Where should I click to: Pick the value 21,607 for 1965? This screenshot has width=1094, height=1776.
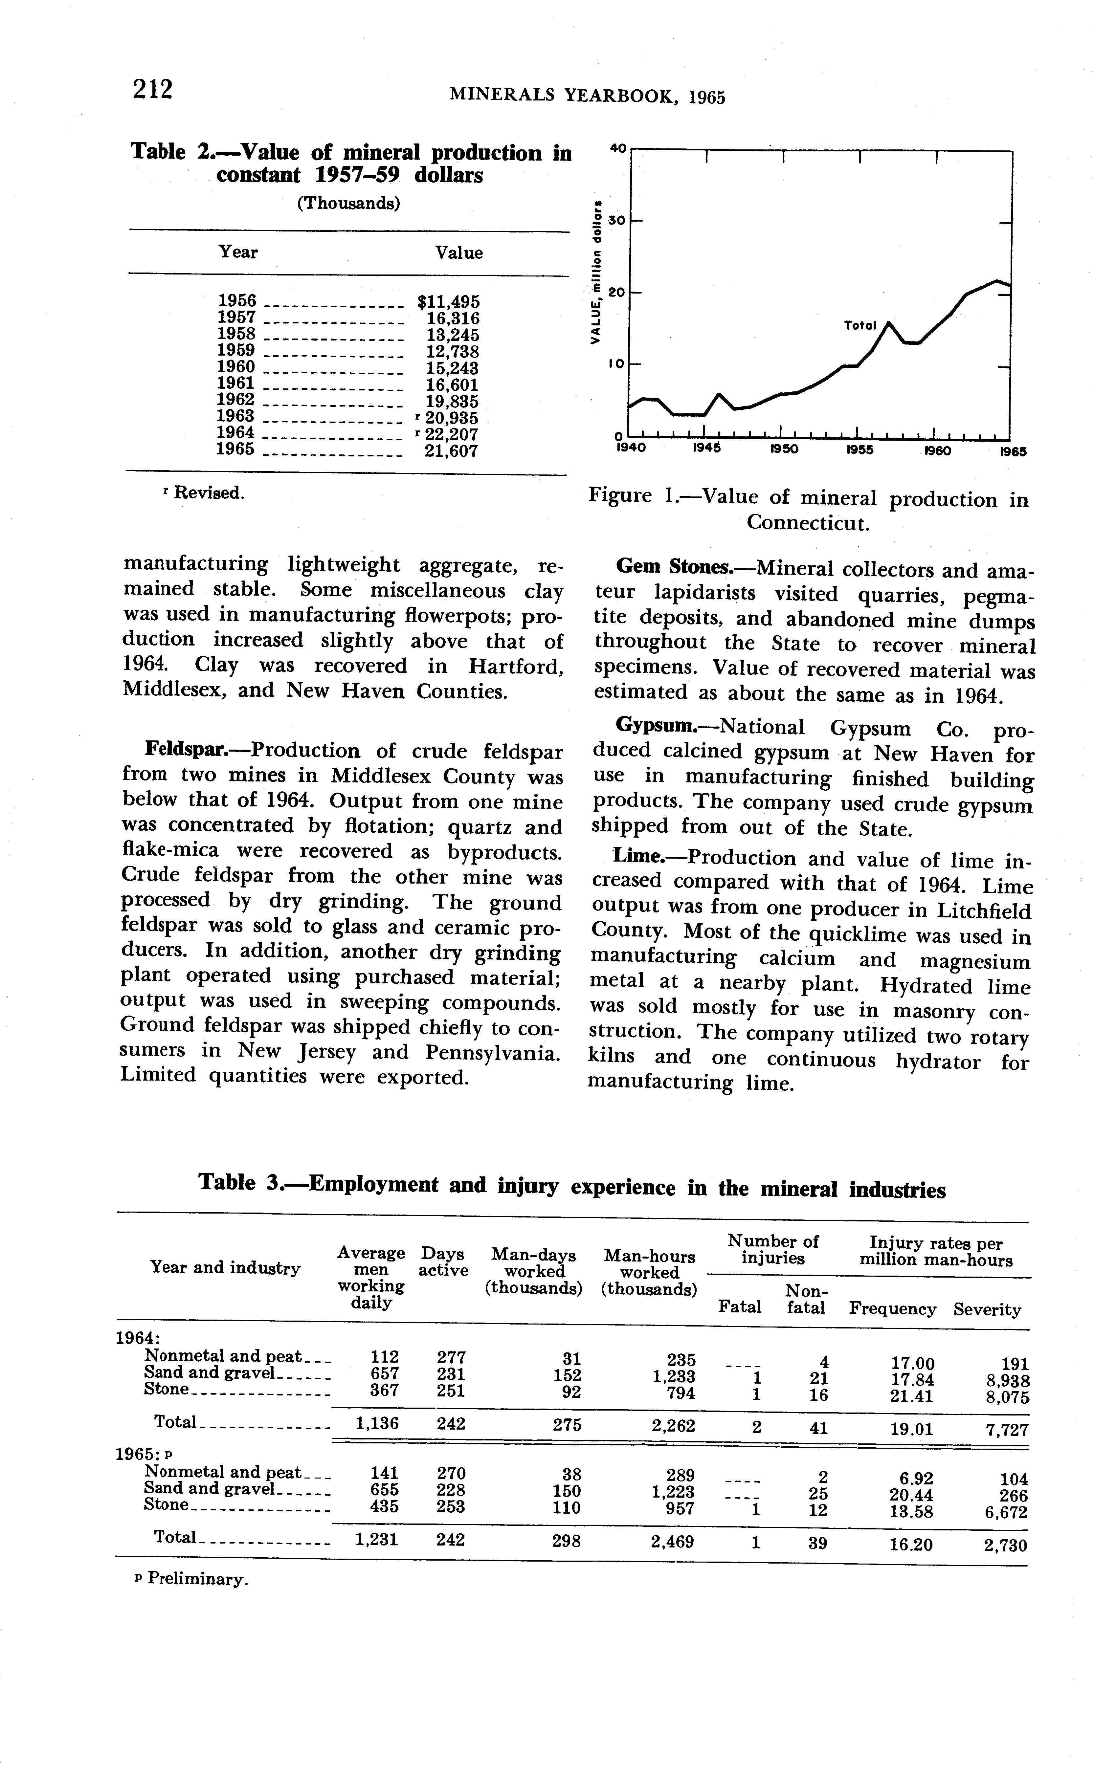click(451, 451)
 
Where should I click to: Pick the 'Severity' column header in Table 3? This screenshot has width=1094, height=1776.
click(987, 1309)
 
